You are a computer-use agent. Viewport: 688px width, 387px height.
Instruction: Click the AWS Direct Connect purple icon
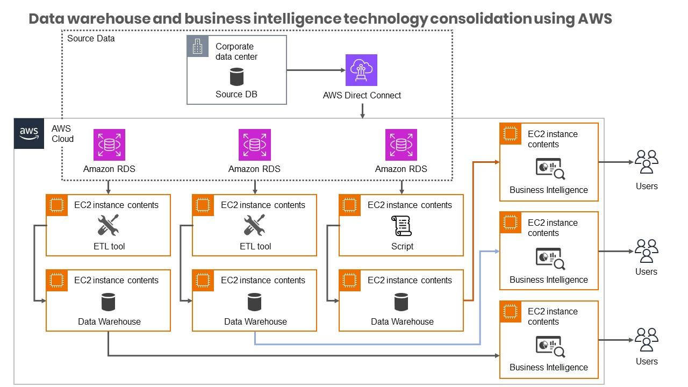[361, 70]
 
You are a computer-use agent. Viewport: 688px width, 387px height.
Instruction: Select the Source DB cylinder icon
[236, 76]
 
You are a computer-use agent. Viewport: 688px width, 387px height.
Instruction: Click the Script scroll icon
[402, 226]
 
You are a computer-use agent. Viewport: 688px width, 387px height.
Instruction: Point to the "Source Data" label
[91, 39]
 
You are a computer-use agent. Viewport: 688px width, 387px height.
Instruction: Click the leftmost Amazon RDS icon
[109, 145]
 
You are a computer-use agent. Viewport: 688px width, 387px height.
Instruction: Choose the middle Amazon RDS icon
[255, 145]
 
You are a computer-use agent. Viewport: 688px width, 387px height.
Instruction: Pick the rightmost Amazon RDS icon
[402, 145]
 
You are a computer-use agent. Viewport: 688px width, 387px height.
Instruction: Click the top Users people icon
[646, 162]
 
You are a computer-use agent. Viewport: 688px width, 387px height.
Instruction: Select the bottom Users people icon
[646, 340]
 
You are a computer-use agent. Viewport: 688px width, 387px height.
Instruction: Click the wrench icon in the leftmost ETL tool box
[109, 226]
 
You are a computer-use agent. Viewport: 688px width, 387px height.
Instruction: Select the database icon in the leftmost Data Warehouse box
[109, 302]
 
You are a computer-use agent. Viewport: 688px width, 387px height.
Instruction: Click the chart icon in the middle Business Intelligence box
[550, 257]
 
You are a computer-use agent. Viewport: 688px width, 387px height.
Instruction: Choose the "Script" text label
[402, 246]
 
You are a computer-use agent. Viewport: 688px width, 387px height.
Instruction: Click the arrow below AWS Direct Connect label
[363, 111]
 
